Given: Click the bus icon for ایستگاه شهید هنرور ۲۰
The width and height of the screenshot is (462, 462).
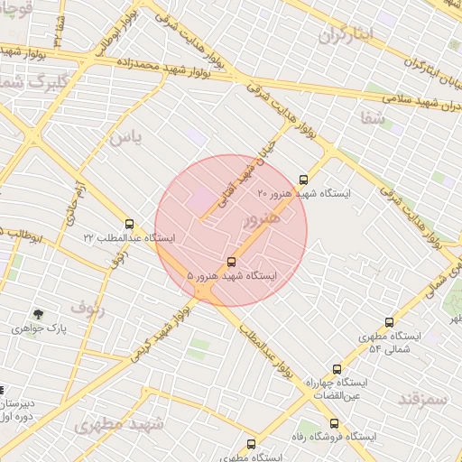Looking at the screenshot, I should click(x=303, y=180).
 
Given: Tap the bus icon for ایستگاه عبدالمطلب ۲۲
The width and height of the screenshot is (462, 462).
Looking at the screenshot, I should click(x=129, y=224).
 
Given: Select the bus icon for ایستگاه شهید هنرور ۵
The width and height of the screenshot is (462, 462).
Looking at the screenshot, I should click(x=233, y=262).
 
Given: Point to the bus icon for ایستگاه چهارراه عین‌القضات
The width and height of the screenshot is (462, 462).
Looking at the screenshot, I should click(x=337, y=369).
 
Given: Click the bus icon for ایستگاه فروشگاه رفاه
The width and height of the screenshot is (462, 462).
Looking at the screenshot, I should click(x=334, y=423).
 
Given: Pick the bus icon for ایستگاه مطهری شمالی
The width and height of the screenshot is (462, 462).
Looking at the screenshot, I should click(x=390, y=322).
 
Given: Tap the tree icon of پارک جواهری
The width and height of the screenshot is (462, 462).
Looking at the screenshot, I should click(x=38, y=314).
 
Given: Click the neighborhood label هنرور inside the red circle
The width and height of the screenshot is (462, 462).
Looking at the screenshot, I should click(x=262, y=218).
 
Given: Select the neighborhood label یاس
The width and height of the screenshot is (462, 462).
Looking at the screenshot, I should click(x=125, y=137).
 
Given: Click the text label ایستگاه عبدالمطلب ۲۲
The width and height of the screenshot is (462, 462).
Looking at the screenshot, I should click(x=129, y=238).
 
